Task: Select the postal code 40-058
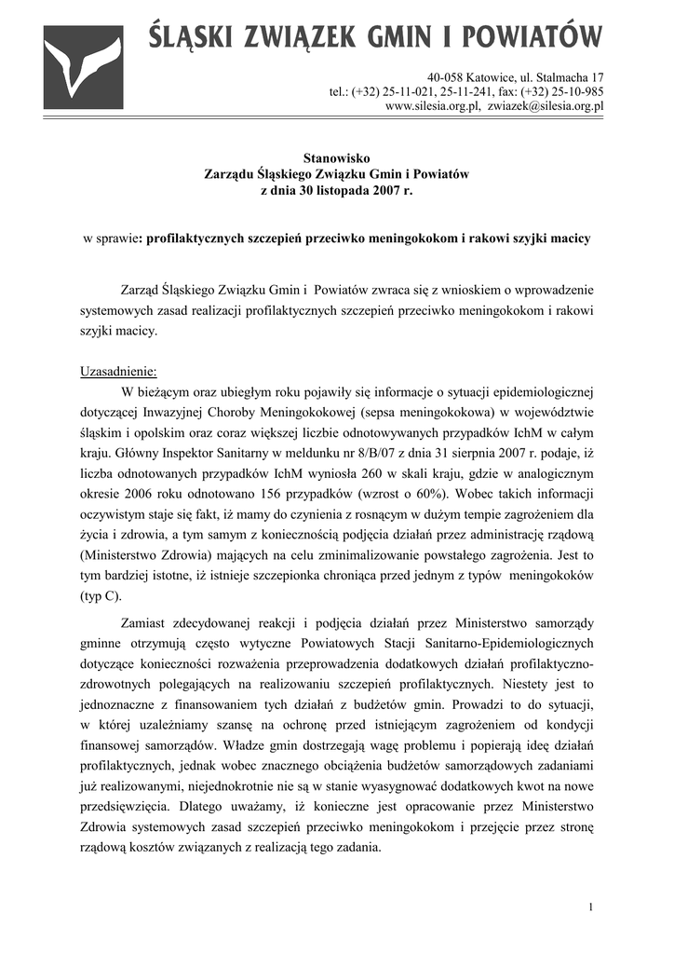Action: click(x=446, y=76)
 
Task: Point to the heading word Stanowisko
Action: click(x=336, y=158)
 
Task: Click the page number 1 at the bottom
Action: click(x=590, y=907)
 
